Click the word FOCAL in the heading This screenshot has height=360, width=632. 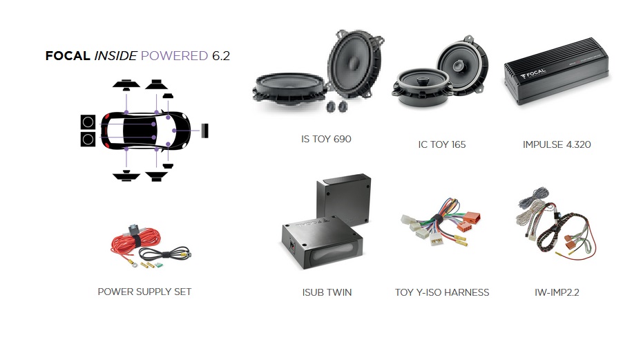[67, 56]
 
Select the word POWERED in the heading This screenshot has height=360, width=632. [174, 56]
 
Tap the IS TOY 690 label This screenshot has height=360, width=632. [326, 139]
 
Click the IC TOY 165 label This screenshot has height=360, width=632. [442, 144]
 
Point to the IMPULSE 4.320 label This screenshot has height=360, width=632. [557, 144]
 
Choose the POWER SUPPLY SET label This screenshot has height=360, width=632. [144, 292]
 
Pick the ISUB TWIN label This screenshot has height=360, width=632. [327, 292]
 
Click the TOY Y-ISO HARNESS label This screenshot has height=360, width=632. [442, 292]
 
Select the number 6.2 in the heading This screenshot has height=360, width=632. [220, 56]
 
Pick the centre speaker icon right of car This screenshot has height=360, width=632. [205, 129]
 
